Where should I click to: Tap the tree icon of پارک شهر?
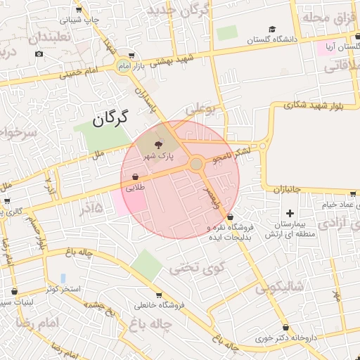tap(157, 143)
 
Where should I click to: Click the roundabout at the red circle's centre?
tap(196, 165)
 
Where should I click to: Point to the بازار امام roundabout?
tap(124, 65)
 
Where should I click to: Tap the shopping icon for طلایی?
tap(135, 177)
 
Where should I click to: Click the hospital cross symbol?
tap(290, 213)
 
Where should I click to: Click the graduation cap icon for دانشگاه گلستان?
tap(271, 30)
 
